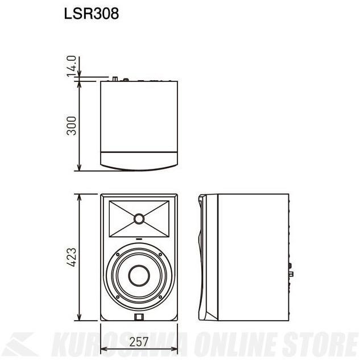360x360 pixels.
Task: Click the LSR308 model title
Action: pos(92,14)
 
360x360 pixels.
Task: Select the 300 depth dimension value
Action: pos(71,126)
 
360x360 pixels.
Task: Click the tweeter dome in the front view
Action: pos(139,218)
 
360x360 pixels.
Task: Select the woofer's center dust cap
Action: pos(139,276)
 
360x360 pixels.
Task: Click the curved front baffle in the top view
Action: pos(139,162)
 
